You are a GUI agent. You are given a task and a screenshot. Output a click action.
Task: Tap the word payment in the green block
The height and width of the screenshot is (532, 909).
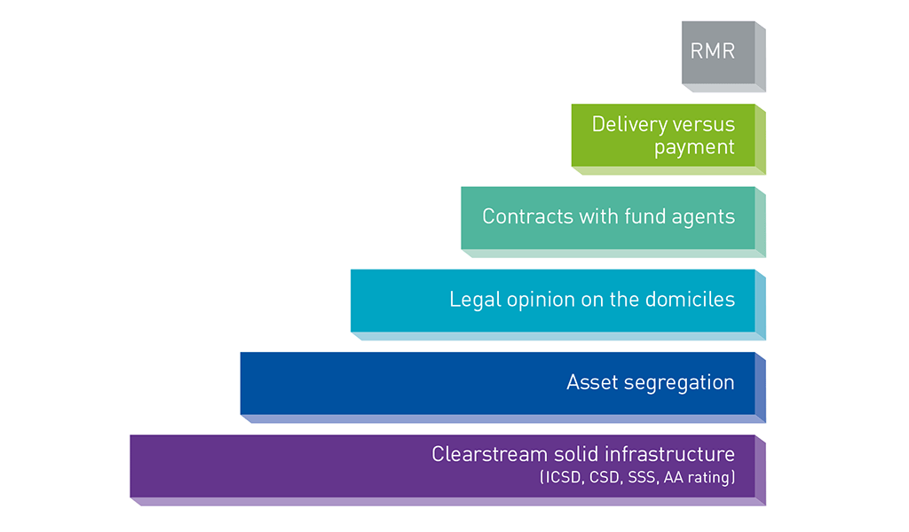[694, 148]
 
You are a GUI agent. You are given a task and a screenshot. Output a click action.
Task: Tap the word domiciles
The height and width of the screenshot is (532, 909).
[692, 300]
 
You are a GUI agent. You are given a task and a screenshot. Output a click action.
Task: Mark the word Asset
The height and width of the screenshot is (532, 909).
[590, 383]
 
